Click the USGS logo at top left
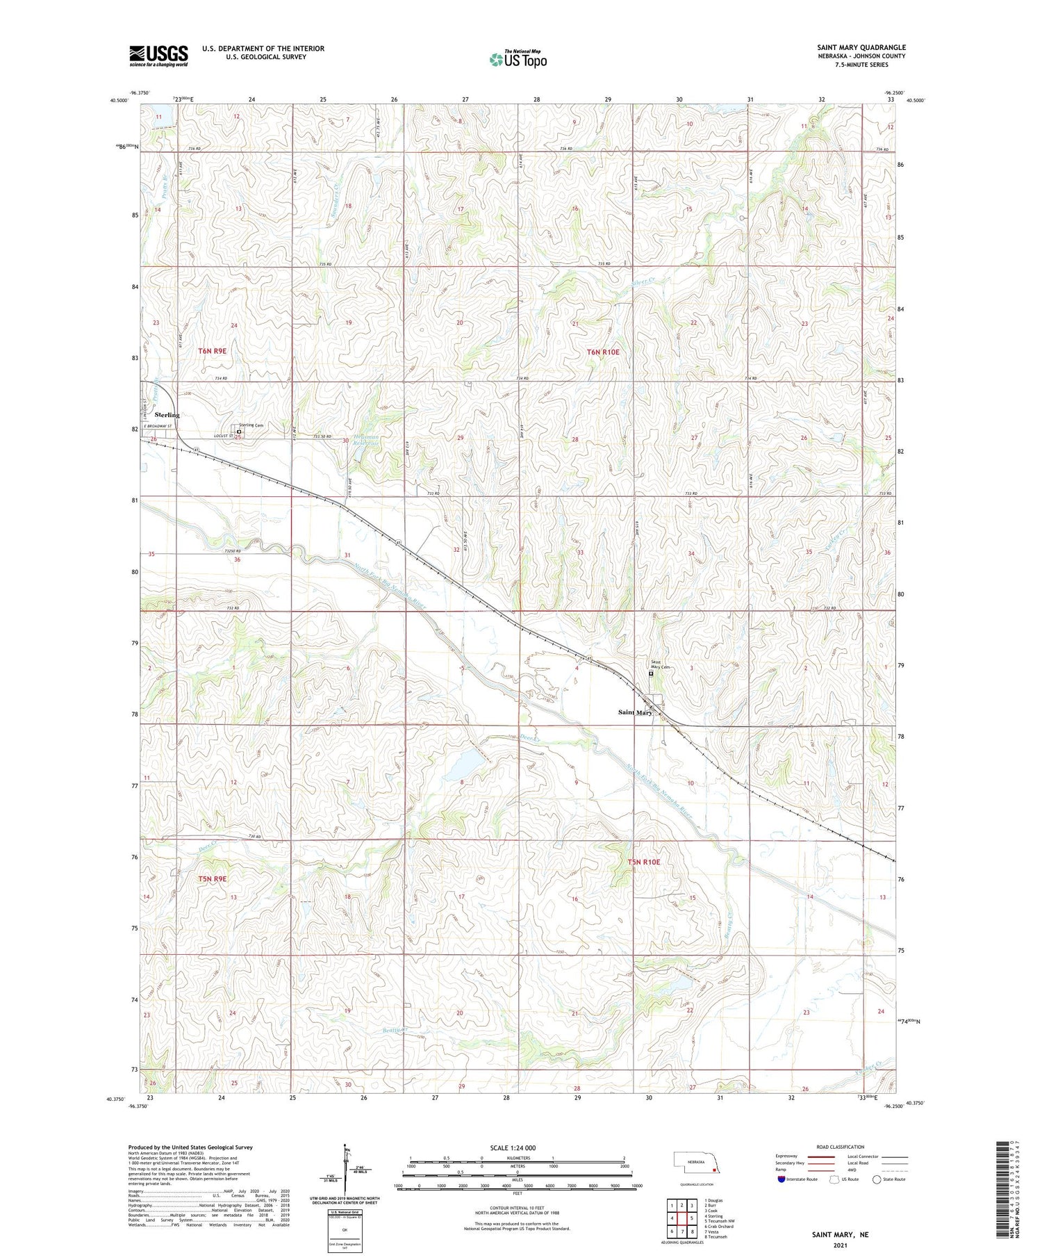pyautogui.click(x=158, y=56)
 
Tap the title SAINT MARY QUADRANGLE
pyautogui.click(x=861, y=47)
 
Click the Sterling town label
pyautogui.click(x=167, y=415)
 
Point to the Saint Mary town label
pyautogui.click(x=635, y=712)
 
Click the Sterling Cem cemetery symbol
pyautogui.click(x=239, y=432)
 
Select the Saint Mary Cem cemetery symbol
pyautogui.click(x=651, y=673)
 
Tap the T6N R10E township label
pyautogui.click(x=602, y=352)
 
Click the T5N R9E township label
pyautogui.click(x=213, y=879)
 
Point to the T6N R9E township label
pyautogui.click(x=212, y=351)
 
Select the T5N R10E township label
pyautogui.click(x=644, y=862)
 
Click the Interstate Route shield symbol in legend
pyautogui.click(x=781, y=1179)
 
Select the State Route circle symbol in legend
pyautogui.click(x=877, y=1179)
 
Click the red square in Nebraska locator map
pyautogui.click(x=713, y=1169)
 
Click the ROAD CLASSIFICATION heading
pyautogui.click(x=841, y=1147)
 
